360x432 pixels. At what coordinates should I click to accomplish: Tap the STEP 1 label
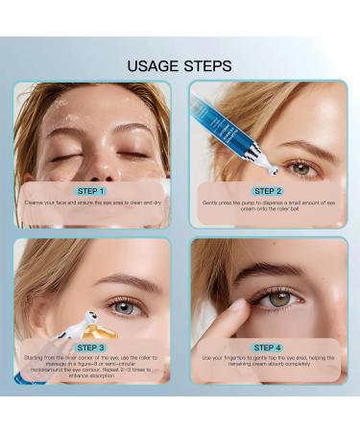click(x=92, y=191)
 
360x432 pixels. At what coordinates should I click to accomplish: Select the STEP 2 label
click(x=269, y=191)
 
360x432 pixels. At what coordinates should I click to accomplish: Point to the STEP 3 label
click(x=92, y=347)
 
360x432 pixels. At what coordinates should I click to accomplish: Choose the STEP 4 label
click(x=269, y=347)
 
